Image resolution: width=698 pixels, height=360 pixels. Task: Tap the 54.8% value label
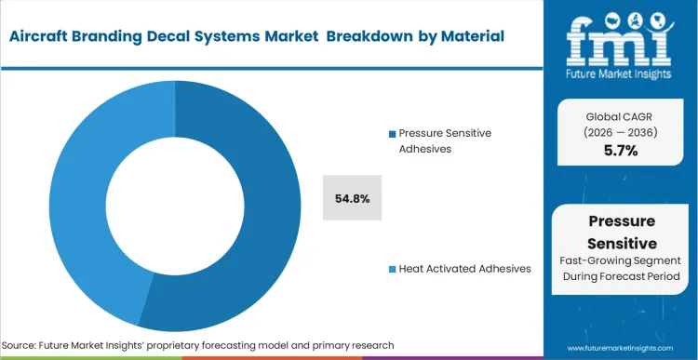(x=352, y=198)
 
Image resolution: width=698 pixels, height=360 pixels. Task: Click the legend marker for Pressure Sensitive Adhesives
(x=393, y=134)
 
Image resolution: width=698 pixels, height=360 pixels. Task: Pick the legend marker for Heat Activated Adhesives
(x=393, y=269)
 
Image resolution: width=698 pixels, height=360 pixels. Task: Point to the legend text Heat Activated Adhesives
(x=465, y=269)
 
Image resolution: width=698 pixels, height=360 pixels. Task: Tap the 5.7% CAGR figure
(x=619, y=151)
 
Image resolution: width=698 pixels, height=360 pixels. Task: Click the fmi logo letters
(x=620, y=37)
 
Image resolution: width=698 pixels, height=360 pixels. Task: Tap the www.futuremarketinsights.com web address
(x=619, y=347)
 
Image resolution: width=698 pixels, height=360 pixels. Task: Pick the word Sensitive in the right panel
(x=619, y=243)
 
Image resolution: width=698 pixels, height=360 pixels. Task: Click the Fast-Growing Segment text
(x=619, y=262)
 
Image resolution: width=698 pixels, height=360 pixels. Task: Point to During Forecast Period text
(x=619, y=278)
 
